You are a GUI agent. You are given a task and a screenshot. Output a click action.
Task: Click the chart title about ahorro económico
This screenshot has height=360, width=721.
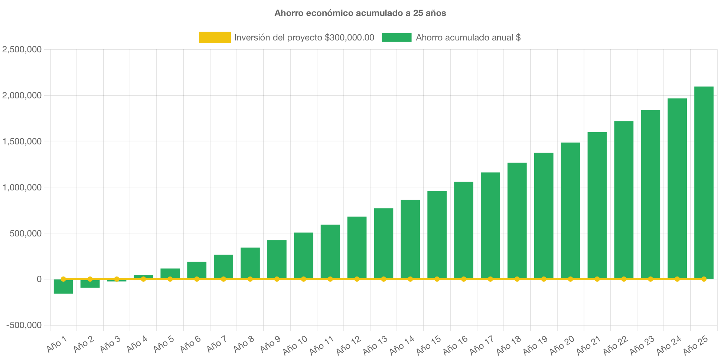click(360, 13)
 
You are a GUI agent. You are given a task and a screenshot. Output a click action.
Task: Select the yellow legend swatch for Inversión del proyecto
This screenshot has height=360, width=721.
click(215, 37)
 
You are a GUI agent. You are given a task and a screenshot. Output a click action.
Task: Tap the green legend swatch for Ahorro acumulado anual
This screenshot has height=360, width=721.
click(397, 37)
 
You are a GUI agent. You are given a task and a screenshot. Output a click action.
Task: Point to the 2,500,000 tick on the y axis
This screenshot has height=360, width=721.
click(22, 49)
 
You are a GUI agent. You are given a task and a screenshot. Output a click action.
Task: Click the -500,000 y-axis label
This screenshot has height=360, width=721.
click(24, 325)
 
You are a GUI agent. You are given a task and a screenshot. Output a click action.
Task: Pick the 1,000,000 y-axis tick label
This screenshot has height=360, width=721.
click(22, 187)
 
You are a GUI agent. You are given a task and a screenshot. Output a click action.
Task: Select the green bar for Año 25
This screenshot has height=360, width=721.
click(704, 182)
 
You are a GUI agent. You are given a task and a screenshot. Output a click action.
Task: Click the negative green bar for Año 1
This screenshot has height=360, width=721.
click(63, 287)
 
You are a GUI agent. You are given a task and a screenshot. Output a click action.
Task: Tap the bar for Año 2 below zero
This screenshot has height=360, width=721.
click(90, 284)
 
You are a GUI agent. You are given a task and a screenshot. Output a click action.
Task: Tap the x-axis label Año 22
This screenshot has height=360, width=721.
click(615, 345)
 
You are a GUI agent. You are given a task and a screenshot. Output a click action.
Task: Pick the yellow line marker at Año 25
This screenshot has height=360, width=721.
click(704, 279)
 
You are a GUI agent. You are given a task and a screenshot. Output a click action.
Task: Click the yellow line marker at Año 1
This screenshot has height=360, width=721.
click(63, 279)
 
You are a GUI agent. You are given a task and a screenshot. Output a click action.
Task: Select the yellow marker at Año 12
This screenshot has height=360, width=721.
click(357, 279)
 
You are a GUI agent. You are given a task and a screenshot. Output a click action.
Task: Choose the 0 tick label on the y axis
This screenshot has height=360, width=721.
click(39, 279)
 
